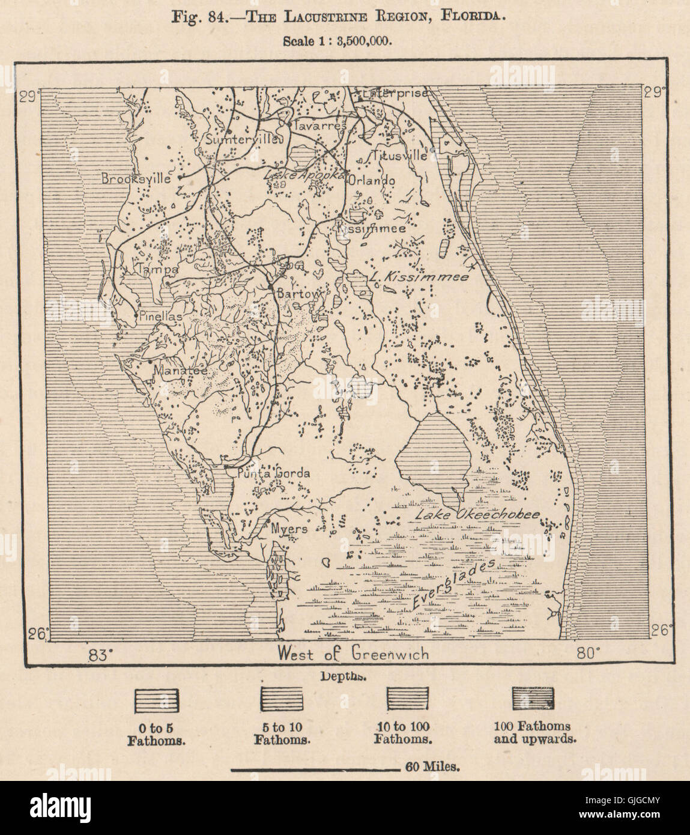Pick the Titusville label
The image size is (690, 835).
[x=399, y=155]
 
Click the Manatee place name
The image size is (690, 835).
[x=181, y=371]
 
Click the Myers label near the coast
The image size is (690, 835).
[x=289, y=529]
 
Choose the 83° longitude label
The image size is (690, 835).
[x=100, y=654]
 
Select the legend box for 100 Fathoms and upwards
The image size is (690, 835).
[x=533, y=700]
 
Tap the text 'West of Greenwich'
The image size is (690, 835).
[x=353, y=654]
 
